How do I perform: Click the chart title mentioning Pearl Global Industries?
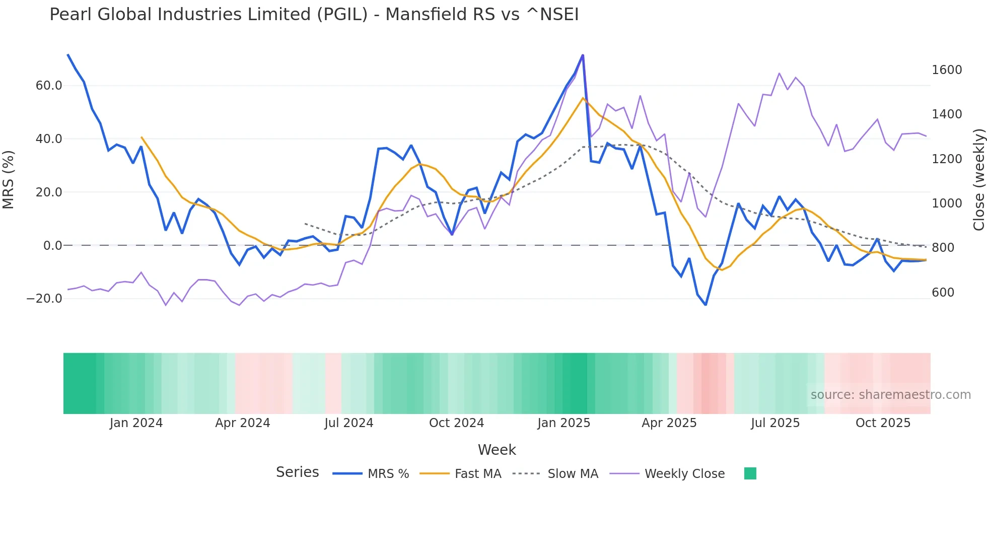pos(314,15)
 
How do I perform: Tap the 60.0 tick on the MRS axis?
pos(49,86)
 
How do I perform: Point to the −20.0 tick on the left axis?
pos(44,299)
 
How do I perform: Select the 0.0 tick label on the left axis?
pos(52,246)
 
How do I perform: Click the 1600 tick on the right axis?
pos(946,70)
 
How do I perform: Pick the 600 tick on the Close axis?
pos(943,293)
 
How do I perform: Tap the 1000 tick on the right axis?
pos(946,203)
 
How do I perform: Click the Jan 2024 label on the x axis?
pos(136,423)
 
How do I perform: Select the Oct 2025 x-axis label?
pos(883,423)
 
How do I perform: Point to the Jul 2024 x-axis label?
pos(348,423)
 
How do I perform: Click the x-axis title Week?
pos(497,450)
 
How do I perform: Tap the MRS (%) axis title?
pos(9,180)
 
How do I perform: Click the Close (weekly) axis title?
pos(978,180)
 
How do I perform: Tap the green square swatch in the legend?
pos(750,473)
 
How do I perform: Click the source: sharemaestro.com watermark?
pos(890,395)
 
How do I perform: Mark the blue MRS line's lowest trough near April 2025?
pos(706,305)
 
